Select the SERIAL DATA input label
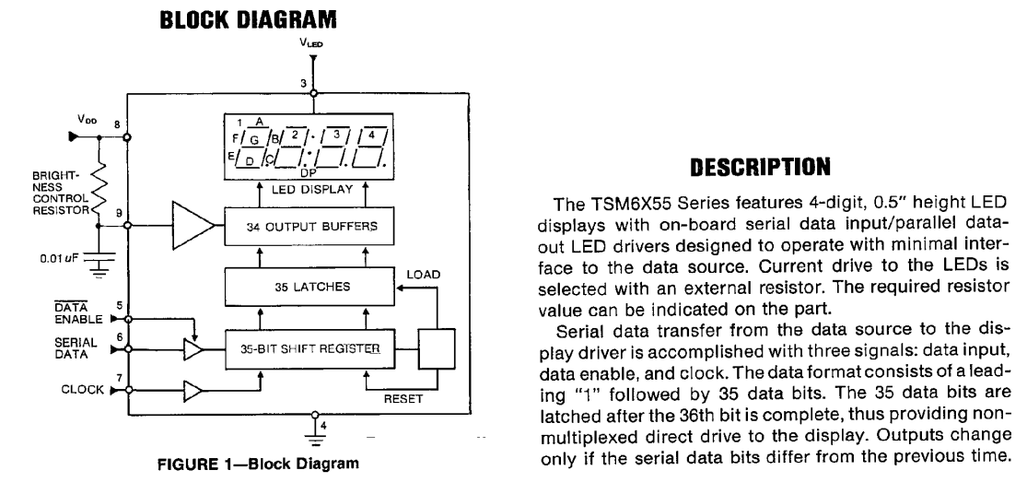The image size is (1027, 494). [61, 347]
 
